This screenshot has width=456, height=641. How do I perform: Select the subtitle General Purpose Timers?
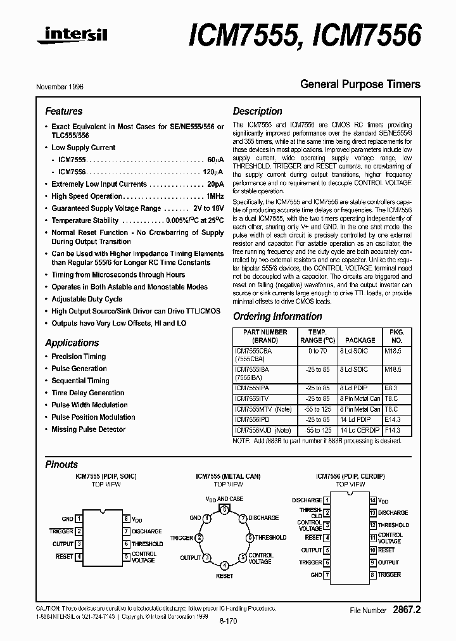pos(360,84)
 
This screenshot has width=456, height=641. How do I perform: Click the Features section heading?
pos(63,111)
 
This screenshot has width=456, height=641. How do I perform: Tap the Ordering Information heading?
pos(277,317)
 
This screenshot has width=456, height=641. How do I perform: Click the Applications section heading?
pos(72,343)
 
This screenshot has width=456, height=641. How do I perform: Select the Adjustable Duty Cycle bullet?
pos(87,299)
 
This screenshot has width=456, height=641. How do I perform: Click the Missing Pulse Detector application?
pos(88,429)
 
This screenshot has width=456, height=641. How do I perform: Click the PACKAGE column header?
pos(360,340)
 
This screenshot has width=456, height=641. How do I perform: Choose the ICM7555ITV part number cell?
pos(251,398)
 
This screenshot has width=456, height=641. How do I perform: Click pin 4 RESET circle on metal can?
pos(224,565)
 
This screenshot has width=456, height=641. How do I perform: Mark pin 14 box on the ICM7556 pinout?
pos(373,500)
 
